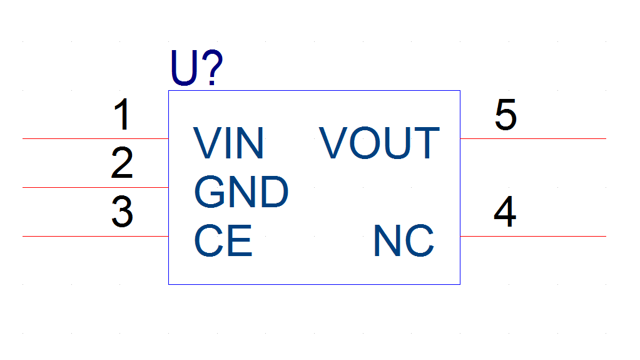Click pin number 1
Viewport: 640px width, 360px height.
[123, 115]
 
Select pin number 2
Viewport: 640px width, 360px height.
[122, 163]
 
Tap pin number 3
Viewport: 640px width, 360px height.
[122, 211]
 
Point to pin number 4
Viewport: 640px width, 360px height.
[505, 211]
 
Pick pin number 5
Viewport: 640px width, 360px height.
[505, 115]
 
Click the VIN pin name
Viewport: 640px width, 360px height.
[228, 143]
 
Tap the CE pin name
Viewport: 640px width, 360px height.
[223, 240]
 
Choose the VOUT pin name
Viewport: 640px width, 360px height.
[379, 143]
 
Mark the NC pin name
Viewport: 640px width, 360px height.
[404, 240]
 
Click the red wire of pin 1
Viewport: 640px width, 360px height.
[96, 138]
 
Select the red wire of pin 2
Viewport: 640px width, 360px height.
[96, 188]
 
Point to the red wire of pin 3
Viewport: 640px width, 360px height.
[96, 236]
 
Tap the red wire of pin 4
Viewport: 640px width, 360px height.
[533, 236]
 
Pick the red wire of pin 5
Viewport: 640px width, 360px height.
[533, 138]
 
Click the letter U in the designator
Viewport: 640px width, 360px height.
[185, 68]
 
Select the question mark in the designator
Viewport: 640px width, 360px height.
[212, 68]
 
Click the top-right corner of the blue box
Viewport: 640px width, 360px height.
[460, 91]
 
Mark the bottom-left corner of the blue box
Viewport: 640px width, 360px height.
[168, 284]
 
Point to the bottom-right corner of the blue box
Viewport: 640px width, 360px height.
[460, 284]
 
